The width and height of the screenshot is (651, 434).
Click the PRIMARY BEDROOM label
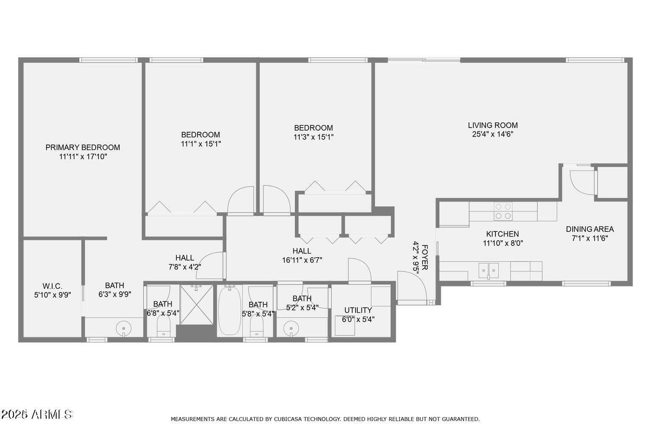point(83,147)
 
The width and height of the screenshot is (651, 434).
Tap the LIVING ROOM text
point(492,125)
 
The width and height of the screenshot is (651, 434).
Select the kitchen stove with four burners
point(503,211)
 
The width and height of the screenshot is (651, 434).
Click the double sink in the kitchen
point(489,270)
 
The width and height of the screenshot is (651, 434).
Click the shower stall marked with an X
point(196,304)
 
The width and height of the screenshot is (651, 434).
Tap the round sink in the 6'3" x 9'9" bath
point(123,328)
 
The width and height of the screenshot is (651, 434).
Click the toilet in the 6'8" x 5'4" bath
point(163,327)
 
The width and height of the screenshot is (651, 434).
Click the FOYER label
point(425,257)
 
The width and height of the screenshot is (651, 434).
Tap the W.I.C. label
point(52,286)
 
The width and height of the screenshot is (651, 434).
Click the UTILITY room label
point(358,310)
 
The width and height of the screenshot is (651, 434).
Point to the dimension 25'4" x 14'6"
point(492,134)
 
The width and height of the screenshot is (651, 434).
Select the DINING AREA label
point(590,229)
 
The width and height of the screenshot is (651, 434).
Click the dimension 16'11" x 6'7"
point(302,260)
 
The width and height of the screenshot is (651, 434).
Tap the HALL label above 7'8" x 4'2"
point(185,258)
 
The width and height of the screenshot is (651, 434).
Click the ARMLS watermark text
point(52,414)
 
